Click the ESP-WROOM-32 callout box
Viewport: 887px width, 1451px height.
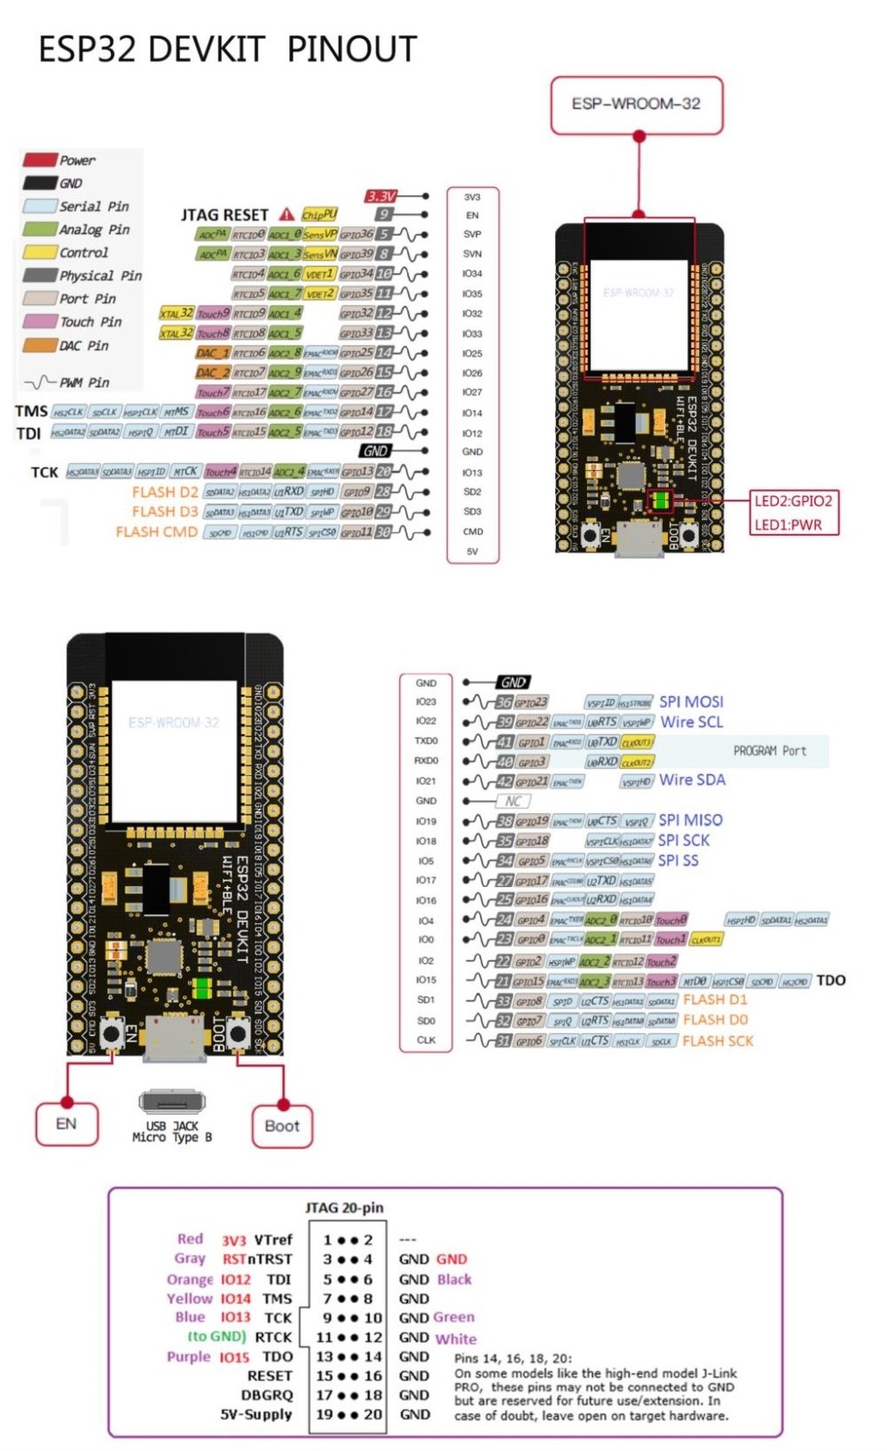point(636,105)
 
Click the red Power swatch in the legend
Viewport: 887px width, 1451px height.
point(40,160)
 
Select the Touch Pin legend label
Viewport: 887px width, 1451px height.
point(90,322)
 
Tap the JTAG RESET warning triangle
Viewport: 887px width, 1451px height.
point(287,215)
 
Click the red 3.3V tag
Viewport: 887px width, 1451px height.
point(381,196)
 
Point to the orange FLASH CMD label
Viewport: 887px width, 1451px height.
point(156,532)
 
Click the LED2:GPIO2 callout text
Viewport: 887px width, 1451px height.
point(793,501)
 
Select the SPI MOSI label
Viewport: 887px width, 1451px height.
point(691,702)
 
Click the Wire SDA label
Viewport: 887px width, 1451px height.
point(692,780)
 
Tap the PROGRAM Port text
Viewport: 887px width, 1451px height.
point(769,750)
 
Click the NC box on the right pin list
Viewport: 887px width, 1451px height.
point(513,801)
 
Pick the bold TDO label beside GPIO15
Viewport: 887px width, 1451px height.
point(830,980)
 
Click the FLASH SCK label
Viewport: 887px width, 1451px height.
point(718,1041)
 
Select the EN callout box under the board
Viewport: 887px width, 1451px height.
point(67,1125)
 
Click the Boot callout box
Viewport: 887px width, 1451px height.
point(282,1126)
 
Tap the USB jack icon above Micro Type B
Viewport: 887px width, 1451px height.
point(172,1102)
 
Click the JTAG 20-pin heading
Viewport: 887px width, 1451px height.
point(344,1208)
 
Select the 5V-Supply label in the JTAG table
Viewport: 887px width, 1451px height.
point(256,1415)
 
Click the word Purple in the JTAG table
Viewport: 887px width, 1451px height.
point(188,1357)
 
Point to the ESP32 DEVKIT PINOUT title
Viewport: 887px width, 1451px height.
point(227,50)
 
